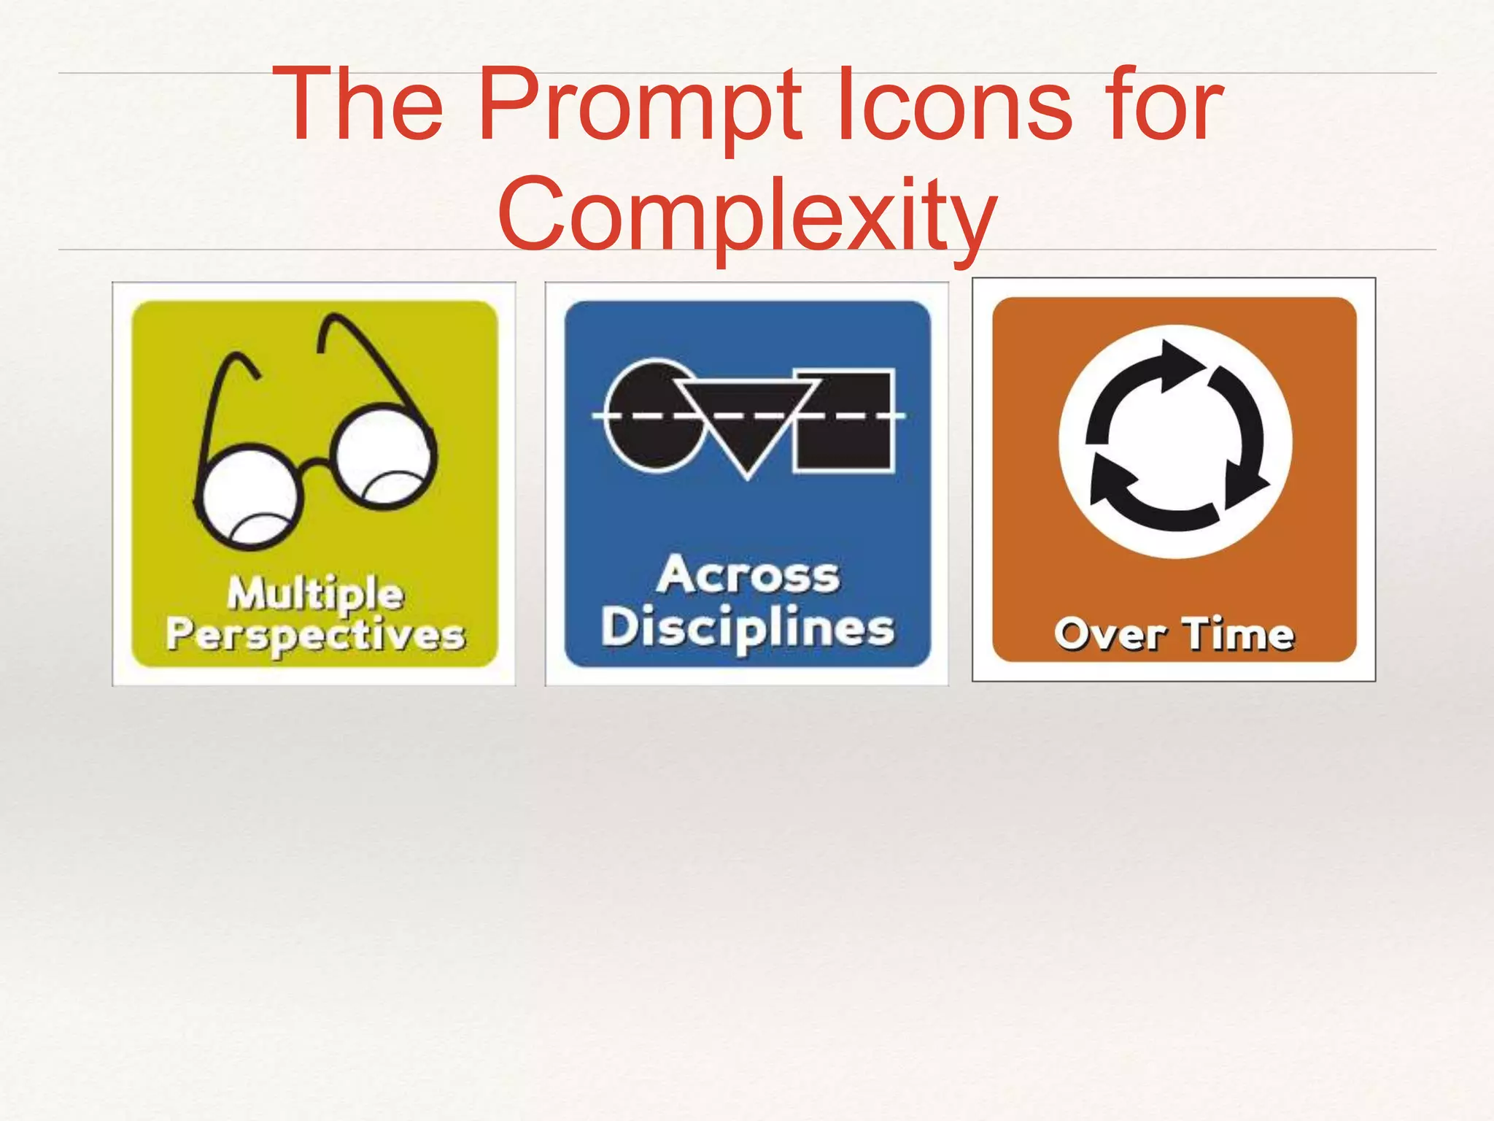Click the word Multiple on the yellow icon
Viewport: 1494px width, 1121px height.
[x=315, y=593]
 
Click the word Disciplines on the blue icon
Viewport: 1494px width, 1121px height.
[x=748, y=628]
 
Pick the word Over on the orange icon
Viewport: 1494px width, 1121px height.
[x=1110, y=633]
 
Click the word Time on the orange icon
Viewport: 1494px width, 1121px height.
[x=1238, y=633]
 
